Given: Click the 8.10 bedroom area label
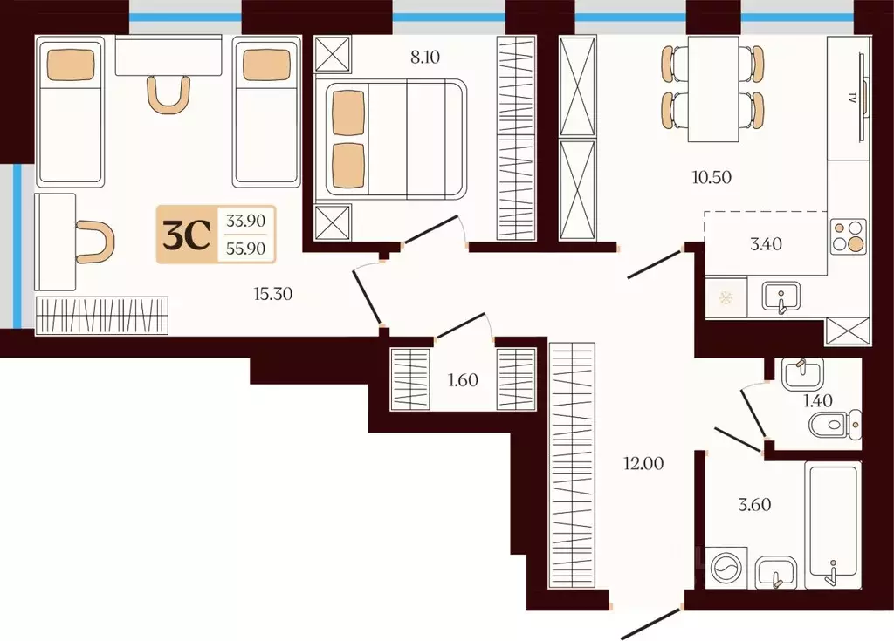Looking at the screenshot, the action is [x=425, y=57].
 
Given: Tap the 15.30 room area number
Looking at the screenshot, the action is [x=273, y=294].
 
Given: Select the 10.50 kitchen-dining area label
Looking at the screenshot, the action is [x=712, y=177].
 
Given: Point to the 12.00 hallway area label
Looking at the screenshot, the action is [x=643, y=464].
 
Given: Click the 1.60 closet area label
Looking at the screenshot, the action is [x=463, y=380].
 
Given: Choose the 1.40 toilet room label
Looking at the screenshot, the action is [x=817, y=400].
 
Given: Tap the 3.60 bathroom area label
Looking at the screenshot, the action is [x=754, y=505].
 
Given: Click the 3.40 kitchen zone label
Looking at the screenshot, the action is [x=766, y=244].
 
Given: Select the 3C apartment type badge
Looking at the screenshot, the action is [x=187, y=235].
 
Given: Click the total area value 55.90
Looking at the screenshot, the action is [x=245, y=249].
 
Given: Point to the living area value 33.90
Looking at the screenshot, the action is [x=245, y=220].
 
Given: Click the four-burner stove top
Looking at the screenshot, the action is [x=848, y=235].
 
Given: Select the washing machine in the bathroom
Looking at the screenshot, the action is [x=726, y=569].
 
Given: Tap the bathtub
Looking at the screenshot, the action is [x=832, y=525].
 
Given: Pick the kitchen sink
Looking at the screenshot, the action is [x=781, y=297].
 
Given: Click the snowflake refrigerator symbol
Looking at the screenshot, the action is [x=726, y=297].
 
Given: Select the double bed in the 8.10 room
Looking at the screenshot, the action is [x=395, y=140].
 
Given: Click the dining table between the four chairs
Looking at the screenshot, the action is [x=713, y=88].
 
